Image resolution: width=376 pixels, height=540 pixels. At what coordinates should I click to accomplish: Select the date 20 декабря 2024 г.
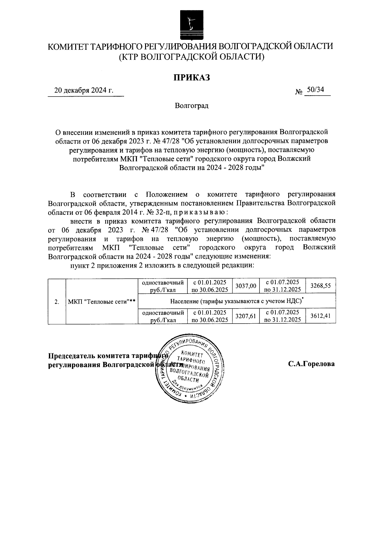pos(84,91)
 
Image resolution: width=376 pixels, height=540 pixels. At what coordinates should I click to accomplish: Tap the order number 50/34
pos(315,90)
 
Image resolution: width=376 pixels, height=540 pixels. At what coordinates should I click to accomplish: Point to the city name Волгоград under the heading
pos(192,106)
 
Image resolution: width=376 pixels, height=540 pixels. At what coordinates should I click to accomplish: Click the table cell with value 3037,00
pos(246,286)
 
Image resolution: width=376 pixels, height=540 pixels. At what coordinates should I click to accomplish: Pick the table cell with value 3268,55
pos(321,286)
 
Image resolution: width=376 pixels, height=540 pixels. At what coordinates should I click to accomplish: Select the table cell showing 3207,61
pos(246,316)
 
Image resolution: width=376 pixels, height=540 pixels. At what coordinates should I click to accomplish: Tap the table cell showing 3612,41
pos(321,316)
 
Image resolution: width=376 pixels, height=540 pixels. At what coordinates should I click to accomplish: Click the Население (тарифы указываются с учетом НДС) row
pos(237,301)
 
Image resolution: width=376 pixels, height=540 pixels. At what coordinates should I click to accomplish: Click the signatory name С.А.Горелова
pos(311,364)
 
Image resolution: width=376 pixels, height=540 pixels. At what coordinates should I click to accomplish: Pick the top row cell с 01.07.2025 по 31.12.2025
pos(282,286)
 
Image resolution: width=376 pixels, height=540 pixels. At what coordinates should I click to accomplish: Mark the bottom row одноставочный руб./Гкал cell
pos(163,316)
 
